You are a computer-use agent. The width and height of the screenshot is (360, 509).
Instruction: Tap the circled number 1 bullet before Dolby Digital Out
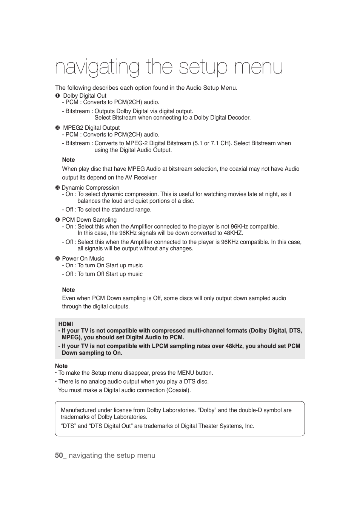[58, 96]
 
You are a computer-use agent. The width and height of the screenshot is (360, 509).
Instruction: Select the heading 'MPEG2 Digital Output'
[91, 128]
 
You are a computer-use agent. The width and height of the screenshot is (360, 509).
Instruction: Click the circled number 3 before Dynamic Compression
[58, 188]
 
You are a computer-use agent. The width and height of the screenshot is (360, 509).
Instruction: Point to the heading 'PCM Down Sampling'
[89, 220]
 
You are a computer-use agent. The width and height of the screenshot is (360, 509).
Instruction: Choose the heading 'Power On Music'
[83, 259]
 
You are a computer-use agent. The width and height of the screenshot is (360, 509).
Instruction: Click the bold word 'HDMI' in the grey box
[66, 324]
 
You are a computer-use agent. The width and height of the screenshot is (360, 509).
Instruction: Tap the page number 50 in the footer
[58, 455]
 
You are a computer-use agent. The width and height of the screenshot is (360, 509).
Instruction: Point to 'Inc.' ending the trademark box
[249, 426]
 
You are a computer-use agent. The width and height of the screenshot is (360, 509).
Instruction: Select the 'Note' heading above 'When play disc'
[68, 160]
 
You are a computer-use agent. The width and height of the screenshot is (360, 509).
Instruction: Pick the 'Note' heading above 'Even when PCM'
[68, 290]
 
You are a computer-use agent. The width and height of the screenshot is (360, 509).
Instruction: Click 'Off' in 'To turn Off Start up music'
[100, 274]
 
